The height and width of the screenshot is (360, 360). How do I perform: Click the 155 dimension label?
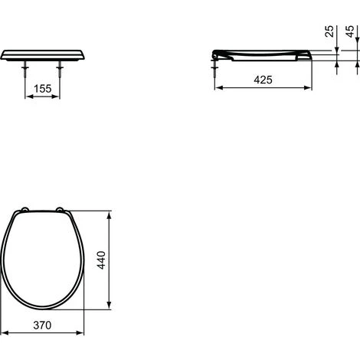[43, 89]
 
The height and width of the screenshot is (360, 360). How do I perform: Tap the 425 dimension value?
[263, 80]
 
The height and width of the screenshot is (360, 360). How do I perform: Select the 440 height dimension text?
[101, 260]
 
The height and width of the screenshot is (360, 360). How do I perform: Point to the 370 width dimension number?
[42, 325]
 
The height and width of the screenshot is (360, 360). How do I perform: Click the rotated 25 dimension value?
[329, 31]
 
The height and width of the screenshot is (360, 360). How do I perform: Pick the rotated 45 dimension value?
[350, 31]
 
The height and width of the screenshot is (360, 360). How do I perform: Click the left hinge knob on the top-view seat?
[25, 210]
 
